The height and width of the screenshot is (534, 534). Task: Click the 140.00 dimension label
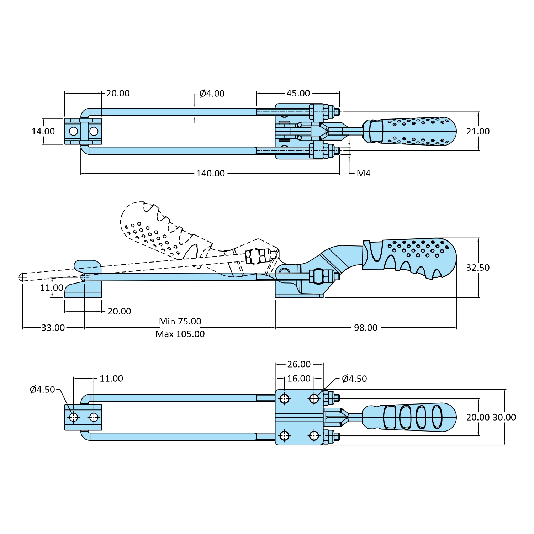[x=211, y=173]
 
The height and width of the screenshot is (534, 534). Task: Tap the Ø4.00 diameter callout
[x=212, y=94]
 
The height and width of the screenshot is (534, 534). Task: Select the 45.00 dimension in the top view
[x=298, y=93]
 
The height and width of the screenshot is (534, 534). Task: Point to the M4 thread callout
[x=364, y=173]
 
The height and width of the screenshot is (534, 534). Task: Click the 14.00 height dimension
[x=43, y=131]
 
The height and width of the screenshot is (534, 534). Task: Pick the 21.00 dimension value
[x=478, y=131]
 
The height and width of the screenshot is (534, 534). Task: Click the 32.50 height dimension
[x=478, y=268]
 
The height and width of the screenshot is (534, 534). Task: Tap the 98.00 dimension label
[x=366, y=328]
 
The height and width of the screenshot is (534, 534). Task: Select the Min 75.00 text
[x=180, y=321]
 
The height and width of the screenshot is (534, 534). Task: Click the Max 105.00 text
[x=180, y=334]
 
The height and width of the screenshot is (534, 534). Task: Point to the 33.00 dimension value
[x=53, y=328]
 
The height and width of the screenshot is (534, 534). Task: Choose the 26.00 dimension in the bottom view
[x=299, y=364]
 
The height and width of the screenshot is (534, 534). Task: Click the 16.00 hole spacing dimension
[x=299, y=379]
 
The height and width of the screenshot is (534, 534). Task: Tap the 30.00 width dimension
[x=504, y=417]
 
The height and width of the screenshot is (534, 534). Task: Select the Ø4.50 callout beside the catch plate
[x=42, y=390]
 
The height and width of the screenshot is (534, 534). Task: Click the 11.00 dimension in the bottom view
[x=111, y=379]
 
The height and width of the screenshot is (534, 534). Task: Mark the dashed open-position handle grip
[x=149, y=228]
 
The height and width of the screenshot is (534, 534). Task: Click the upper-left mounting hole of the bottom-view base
[x=284, y=399]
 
